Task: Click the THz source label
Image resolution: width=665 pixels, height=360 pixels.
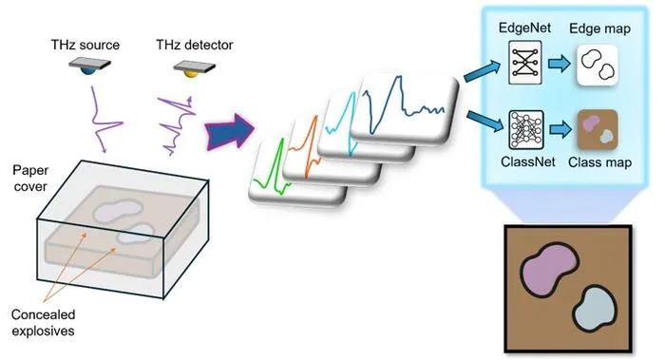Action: (85, 45)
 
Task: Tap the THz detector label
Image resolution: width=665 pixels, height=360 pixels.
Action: (194, 45)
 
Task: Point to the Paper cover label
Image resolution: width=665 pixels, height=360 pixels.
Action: (30, 178)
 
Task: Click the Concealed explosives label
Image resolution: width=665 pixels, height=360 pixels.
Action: (43, 323)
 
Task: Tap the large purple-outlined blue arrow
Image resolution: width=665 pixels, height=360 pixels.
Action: (230, 130)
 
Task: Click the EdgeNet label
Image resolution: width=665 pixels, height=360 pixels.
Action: (524, 28)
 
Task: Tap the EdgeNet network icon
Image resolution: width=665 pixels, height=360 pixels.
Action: (525, 63)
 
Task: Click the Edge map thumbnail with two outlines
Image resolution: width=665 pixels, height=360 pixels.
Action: (598, 66)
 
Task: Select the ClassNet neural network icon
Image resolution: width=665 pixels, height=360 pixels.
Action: (526, 130)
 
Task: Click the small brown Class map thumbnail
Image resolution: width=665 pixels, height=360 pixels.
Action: (598, 130)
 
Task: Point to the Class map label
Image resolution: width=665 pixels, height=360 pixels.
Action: (599, 162)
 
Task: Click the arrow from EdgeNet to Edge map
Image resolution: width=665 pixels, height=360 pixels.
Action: (559, 64)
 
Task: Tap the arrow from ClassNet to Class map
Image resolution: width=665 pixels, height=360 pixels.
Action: (560, 129)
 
